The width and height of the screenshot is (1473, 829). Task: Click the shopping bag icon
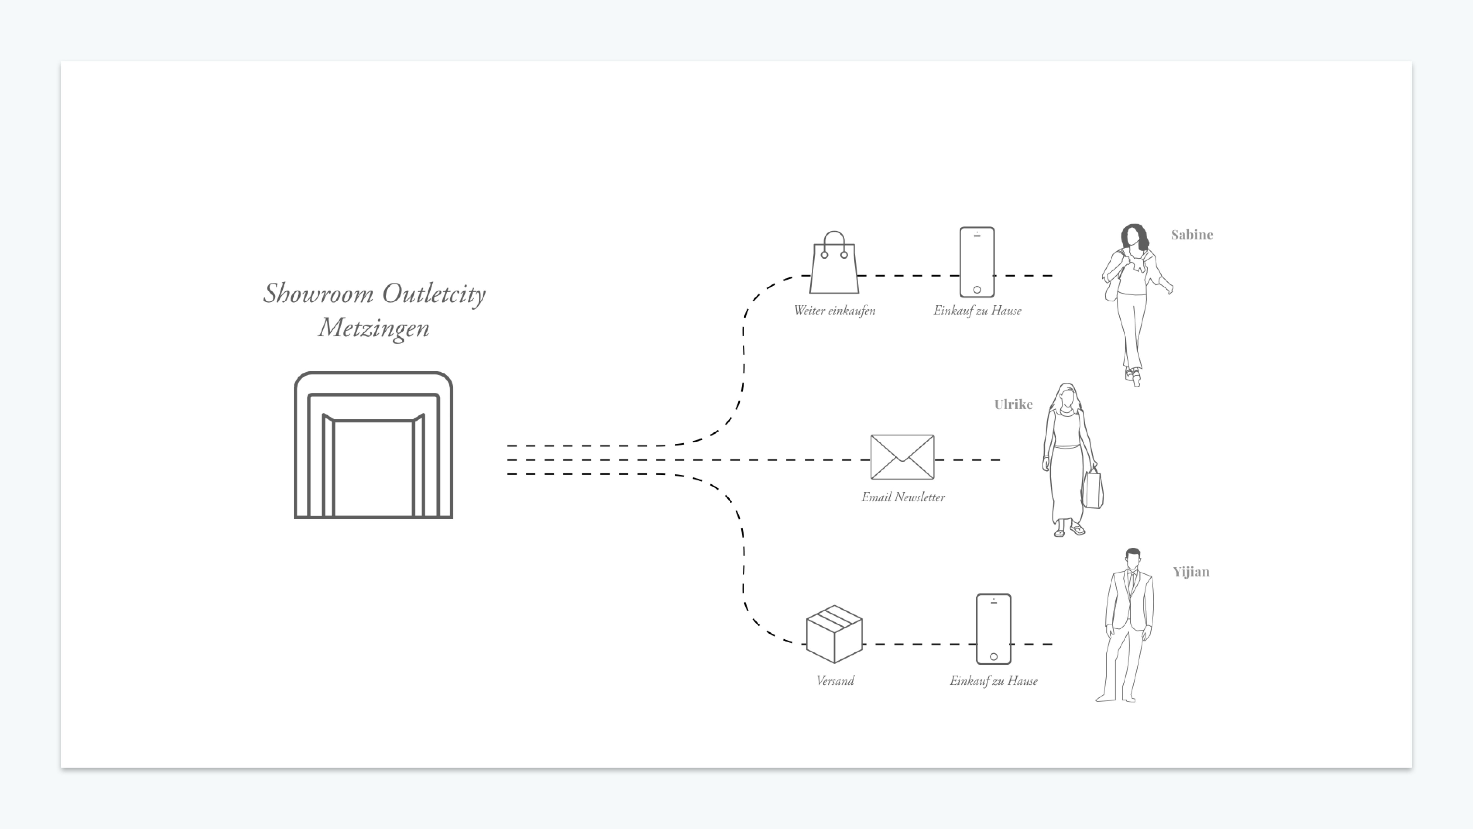coord(834,264)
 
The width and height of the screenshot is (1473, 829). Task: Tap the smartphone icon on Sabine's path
coord(977,262)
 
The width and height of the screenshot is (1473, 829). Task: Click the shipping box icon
coord(834,634)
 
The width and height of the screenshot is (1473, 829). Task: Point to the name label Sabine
coord(1192,235)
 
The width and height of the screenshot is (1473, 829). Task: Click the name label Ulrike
coord(1013,405)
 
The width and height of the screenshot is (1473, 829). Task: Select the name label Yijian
coord(1191,572)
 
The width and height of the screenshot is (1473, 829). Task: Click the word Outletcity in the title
coord(434,294)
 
